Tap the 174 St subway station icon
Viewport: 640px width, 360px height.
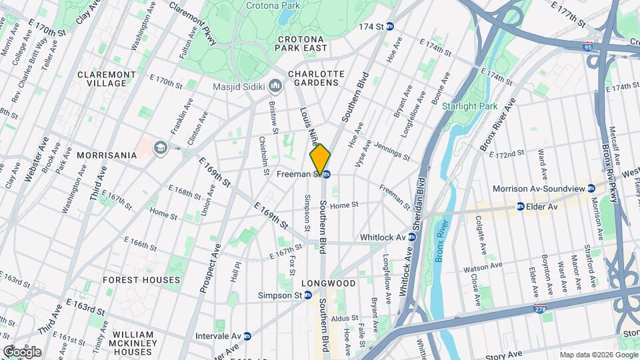[x=390, y=27]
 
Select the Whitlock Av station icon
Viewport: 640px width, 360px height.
[x=413, y=237]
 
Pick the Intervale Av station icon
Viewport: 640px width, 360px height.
[x=247, y=336]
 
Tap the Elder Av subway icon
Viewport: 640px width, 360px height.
[x=520, y=207]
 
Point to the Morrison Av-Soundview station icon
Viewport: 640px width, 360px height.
[x=591, y=189]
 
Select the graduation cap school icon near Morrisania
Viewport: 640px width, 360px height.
[x=160, y=147]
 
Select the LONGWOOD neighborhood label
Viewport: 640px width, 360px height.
[x=329, y=283]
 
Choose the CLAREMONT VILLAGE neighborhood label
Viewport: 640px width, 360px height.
[x=101, y=79]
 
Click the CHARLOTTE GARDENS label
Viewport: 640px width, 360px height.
[x=316, y=79]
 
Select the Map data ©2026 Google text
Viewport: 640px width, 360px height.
[x=598, y=354]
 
